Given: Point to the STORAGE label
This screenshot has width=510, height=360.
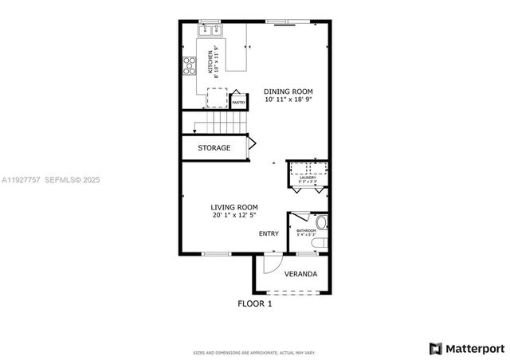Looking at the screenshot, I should pyautogui.click(x=214, y=147).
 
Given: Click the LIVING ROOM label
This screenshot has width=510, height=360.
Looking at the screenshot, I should pyautogui.click(x=233, y=208).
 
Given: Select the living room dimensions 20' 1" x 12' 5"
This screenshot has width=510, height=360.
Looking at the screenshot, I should pyautogui.click(x=233, y=216).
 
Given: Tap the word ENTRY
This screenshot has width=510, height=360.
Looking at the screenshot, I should pyautogui.click(x=269, y=234).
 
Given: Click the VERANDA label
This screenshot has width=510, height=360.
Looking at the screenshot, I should pyautogui.click(x=300, y=274).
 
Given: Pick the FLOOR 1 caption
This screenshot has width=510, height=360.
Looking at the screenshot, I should pyautogui.click(x=255, y=303).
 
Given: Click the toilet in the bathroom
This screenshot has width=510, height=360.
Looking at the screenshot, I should pyautogui.click(x=321, y=222).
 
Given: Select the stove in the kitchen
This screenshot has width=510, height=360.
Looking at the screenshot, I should pyautogui.click(x=190, y=65).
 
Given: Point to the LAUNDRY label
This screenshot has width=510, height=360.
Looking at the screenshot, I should pyautogui.click(x=308, y=178).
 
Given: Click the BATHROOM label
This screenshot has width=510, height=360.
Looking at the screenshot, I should pyautogui.click(x=306, y=231).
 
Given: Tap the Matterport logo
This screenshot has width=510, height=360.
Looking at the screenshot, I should pyautogui.click(x=466, y=348).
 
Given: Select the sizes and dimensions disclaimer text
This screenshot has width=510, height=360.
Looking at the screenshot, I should pyautogui.click(x=255, y=352).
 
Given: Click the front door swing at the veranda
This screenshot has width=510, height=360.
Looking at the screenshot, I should pyautogui.click(x=271, y=263).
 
